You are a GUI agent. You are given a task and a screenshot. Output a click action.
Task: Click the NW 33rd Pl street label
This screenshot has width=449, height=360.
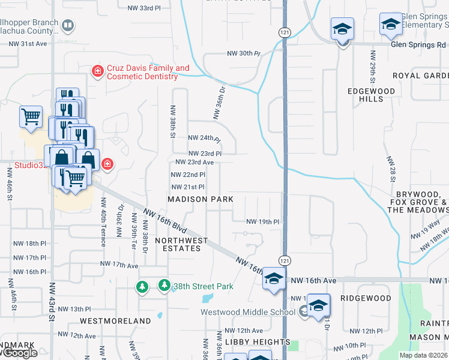tap(145, 8)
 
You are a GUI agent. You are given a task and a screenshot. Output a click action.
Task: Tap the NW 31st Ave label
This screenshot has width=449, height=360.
tap(28, 44)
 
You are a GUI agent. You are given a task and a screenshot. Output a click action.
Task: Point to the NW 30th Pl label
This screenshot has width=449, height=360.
tap(243, 53)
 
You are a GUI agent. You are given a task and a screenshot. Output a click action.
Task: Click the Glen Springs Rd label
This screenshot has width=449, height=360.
tap(418, 44)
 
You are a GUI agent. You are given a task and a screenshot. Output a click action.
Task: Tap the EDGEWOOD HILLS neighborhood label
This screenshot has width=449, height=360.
tap(372, 95)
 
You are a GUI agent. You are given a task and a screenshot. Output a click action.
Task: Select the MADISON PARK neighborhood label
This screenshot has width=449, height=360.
tap(200, 199)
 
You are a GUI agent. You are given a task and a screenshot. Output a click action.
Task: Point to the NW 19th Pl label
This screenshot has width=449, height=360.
tap(263, 221)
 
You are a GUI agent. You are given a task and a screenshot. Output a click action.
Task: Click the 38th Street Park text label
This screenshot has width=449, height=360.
tap(203, 286)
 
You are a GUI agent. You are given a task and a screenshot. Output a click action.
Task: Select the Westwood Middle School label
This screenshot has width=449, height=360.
tap(248, 312)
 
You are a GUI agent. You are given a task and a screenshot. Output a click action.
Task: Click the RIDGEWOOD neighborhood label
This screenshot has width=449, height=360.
tap(366, 298)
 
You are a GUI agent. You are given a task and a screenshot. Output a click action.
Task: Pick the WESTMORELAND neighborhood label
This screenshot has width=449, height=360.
tap(115, 321)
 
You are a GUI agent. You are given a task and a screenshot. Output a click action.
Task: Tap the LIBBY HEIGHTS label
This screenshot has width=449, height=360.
tap(249, 341)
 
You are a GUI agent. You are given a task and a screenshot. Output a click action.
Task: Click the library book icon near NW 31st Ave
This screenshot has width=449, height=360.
tap(68, 25)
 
